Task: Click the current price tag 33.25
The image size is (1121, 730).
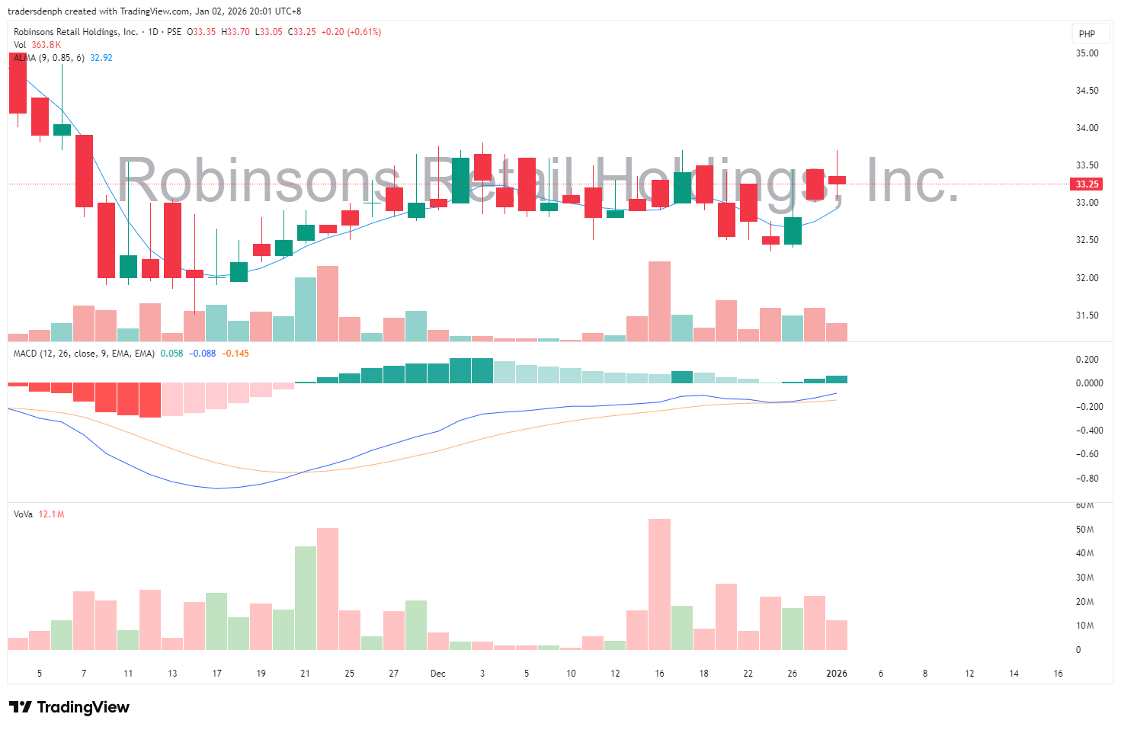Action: [x=1087, y=184]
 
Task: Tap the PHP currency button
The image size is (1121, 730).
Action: [x=1087, y=34]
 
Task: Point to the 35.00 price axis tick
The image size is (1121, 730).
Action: [x=1087, y=53]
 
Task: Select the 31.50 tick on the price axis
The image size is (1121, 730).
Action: [x=1087, y=315]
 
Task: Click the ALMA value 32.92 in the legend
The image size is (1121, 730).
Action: [x=101, y=58]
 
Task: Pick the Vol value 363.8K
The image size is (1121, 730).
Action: [x=46, y=45]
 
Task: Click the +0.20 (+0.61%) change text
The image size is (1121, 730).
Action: [x=351, y=32]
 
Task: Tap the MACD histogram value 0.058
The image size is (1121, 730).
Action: [x=171, y=354]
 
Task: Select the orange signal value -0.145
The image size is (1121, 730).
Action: [x=235, y=354]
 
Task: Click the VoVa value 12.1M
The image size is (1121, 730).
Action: [x=51, y=514]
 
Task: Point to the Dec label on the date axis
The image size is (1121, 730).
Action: [x=437, y=674]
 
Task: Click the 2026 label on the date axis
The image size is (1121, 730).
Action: [x=837, y=674]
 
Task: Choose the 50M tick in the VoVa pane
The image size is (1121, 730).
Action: [x=1084, y=530]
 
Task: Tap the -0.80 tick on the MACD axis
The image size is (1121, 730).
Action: [x=1087, y=479]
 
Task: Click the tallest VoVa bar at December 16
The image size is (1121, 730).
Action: [x=659, y=584]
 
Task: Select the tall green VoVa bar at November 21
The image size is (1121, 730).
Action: [x=306, y=597]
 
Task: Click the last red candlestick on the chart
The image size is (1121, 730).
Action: [x=837, y=180]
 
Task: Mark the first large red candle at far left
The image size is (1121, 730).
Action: [x=18, y=84]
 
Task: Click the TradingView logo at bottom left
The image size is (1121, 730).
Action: [x=69, y=707]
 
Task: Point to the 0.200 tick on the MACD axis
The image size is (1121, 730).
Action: [x=1087, y=360]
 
